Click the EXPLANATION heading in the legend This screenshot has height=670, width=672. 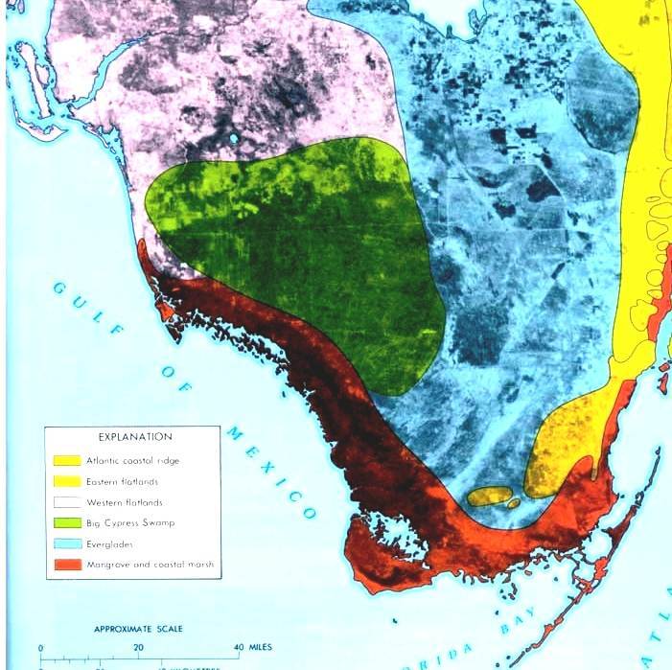coord(134,437)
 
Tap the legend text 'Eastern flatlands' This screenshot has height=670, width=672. coord(122,482)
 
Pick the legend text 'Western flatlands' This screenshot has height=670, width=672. coord(124,502)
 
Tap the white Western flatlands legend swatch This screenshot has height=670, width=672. coord(67,503)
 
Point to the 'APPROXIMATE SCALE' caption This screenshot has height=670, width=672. coord(139,630)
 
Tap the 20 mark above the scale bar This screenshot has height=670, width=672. coord(139,648)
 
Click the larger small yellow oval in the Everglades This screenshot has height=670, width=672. coord(487,496)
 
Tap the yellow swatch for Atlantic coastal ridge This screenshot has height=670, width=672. coord(67,461)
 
